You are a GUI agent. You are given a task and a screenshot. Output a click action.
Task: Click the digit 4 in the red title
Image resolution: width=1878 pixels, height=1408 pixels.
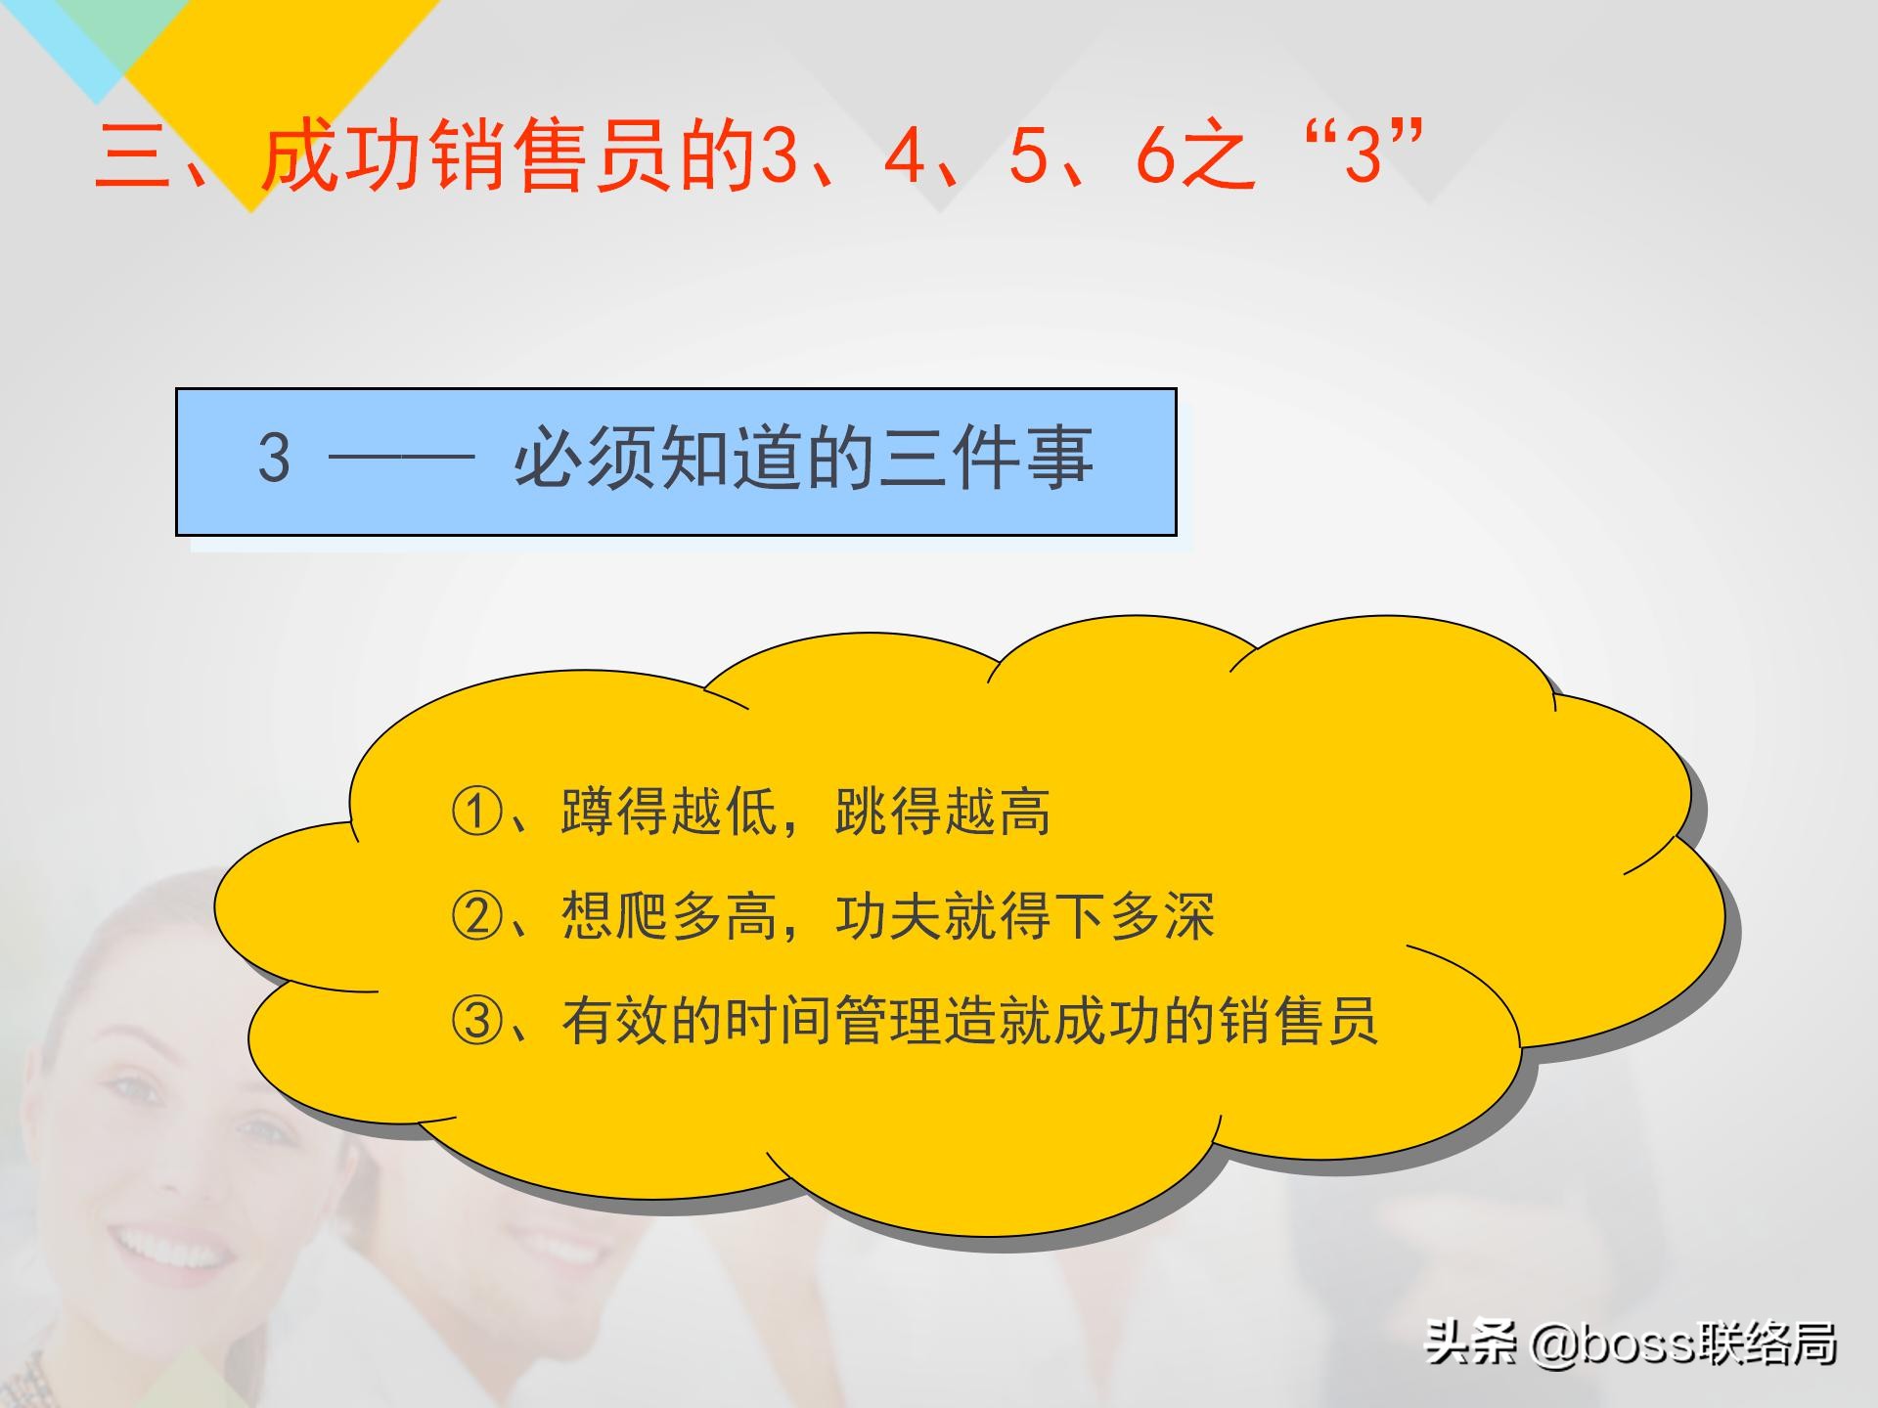(x=905, y=155)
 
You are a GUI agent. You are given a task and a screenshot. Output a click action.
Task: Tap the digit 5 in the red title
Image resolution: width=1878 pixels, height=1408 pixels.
(x=1029, y=155)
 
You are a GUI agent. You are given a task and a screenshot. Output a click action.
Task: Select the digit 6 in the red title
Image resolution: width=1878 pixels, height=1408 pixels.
(x=1155, y=155)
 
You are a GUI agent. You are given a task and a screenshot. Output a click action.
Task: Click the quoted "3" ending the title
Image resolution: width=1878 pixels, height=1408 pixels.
(x=1363, y=154)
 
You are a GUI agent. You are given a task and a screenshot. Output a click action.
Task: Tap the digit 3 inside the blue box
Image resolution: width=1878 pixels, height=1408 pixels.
(x=274, y=458)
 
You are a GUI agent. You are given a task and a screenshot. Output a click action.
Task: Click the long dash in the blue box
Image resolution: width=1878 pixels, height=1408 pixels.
(x=401, y=457)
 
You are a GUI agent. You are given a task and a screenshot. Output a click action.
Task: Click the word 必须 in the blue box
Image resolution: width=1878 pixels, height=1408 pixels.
(x=584, y=458)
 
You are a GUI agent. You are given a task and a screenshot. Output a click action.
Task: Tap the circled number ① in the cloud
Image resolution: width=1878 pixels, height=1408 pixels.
(x=477, y=811)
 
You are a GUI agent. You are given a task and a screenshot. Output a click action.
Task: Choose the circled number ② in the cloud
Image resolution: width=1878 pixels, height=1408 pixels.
(x=477, y=916)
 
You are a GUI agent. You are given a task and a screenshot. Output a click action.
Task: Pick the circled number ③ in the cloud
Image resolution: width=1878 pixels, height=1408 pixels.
(x=477, y=1021)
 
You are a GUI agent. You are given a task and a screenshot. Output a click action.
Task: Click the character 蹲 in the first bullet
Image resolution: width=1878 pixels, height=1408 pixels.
(x=587, y=811)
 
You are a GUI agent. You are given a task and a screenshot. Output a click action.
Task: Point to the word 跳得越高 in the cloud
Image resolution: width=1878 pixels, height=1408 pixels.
(x=943, y=811)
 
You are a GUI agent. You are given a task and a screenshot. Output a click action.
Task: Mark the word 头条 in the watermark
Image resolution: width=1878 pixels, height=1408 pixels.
(x=1470, y=1342)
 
